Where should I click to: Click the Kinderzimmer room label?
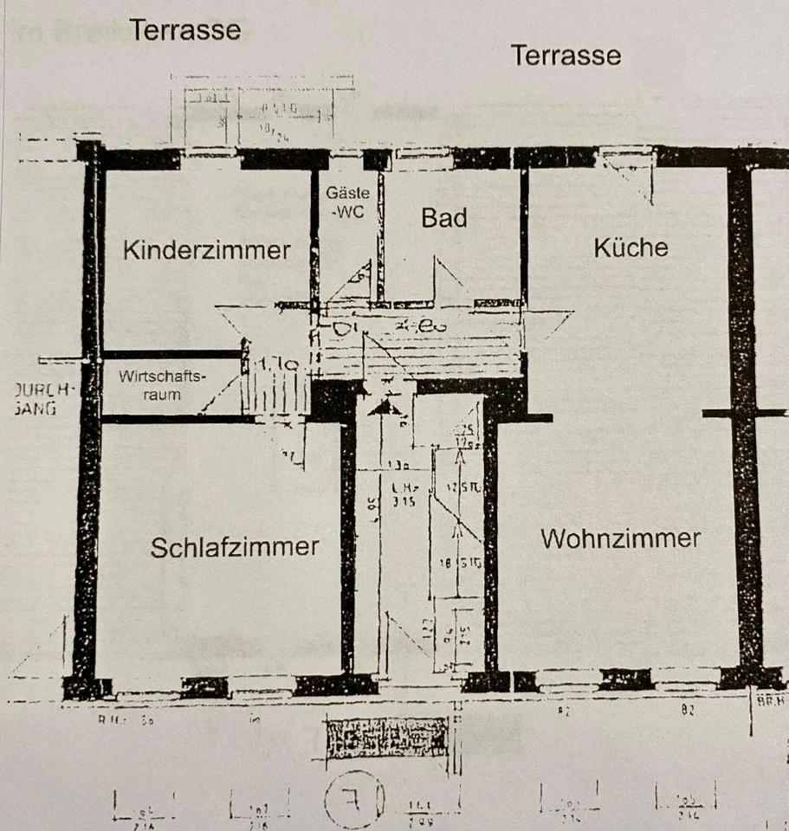pos(206,250)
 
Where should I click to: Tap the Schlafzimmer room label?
pos(235,547)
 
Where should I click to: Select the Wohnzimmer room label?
pos(620,538)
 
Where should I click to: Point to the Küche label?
pos(631,248)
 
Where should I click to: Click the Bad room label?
pos(443,218)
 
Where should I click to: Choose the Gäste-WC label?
pos(346,203)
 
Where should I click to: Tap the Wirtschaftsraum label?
pos(164,385)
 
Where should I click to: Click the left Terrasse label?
pos(185,30)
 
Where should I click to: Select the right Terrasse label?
pos(566,55)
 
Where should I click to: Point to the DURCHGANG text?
pos(35,399)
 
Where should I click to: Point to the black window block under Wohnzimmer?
pos(625,679)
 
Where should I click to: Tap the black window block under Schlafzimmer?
pos(205,686)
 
